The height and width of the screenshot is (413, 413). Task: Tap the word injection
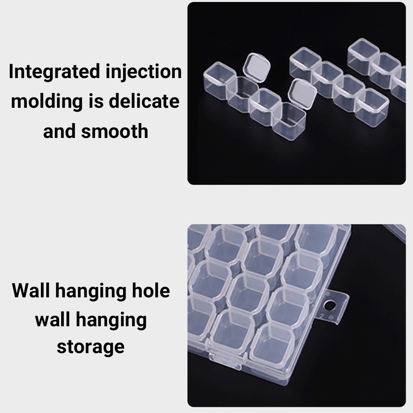(144, 72)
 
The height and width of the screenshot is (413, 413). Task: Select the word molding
(47, 102)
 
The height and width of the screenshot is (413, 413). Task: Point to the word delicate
(144, 101)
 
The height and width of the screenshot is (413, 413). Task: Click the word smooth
(114, 131)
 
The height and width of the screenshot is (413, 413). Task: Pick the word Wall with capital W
(31, 290)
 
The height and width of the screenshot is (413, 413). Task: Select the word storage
(90, 347)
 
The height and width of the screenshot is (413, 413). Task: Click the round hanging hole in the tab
(330, 305)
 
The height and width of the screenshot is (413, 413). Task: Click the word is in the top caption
(96, 101)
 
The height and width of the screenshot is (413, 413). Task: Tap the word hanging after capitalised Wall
(90, 292)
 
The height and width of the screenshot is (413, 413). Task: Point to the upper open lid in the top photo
(257, 67)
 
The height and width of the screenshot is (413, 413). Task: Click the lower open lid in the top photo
(302, 94)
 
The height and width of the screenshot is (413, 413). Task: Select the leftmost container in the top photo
(219, 81)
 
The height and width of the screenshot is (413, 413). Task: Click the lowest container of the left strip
(289, 121)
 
